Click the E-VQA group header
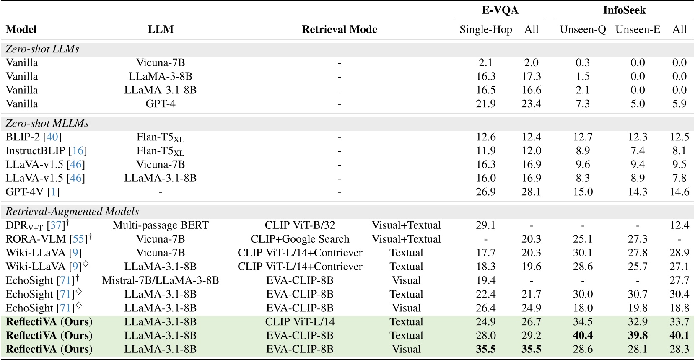point(500,10)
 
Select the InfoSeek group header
point(624,10)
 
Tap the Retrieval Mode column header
point(339,29)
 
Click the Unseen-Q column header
point(583,29)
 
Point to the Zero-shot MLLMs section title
point(47,124)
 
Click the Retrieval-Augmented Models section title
point(72,212)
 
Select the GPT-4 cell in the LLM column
point(161,104)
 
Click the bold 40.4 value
point(583,336)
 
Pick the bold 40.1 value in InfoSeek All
point(679,336)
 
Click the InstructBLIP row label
point(36,151)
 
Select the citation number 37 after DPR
point(56,225)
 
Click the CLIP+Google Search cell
point(300,239)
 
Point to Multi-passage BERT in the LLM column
point(161,225)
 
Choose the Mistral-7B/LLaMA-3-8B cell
point(161,280)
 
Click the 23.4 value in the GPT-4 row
point(531,104)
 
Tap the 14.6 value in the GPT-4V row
point(679,192)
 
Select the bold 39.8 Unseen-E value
point(638,336)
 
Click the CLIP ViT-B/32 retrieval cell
point(300,225)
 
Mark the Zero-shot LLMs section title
point(42,49)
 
